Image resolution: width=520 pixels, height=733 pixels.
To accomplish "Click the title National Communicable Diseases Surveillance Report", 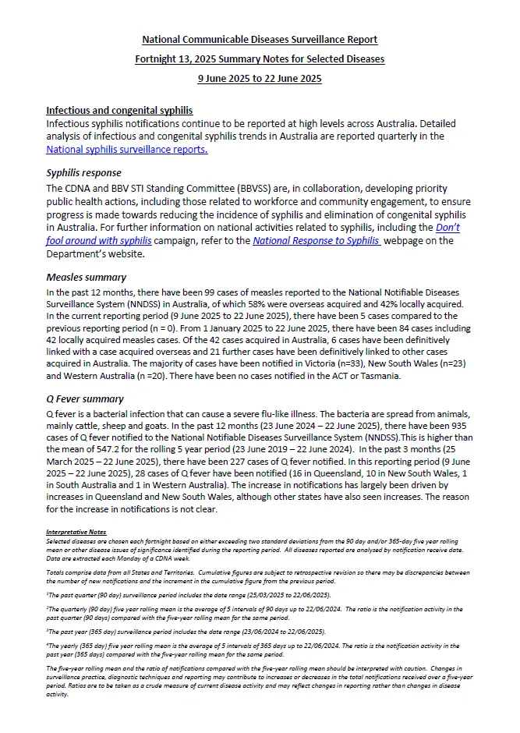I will click(x=260, y=40).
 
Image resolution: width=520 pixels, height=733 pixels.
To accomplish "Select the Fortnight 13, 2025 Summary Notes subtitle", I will click(x=260, y=59).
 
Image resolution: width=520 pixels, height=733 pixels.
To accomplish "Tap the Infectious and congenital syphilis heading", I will click(x=119, y=111).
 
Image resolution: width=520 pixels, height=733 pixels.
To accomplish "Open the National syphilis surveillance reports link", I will click(x=127, y=150).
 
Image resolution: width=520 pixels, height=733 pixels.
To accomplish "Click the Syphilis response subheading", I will click(x=83, y=173).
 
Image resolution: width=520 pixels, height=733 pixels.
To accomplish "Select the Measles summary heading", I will click(x=86, y=277).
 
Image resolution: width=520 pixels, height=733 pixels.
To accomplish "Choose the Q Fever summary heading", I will click(x=85, y=399).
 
